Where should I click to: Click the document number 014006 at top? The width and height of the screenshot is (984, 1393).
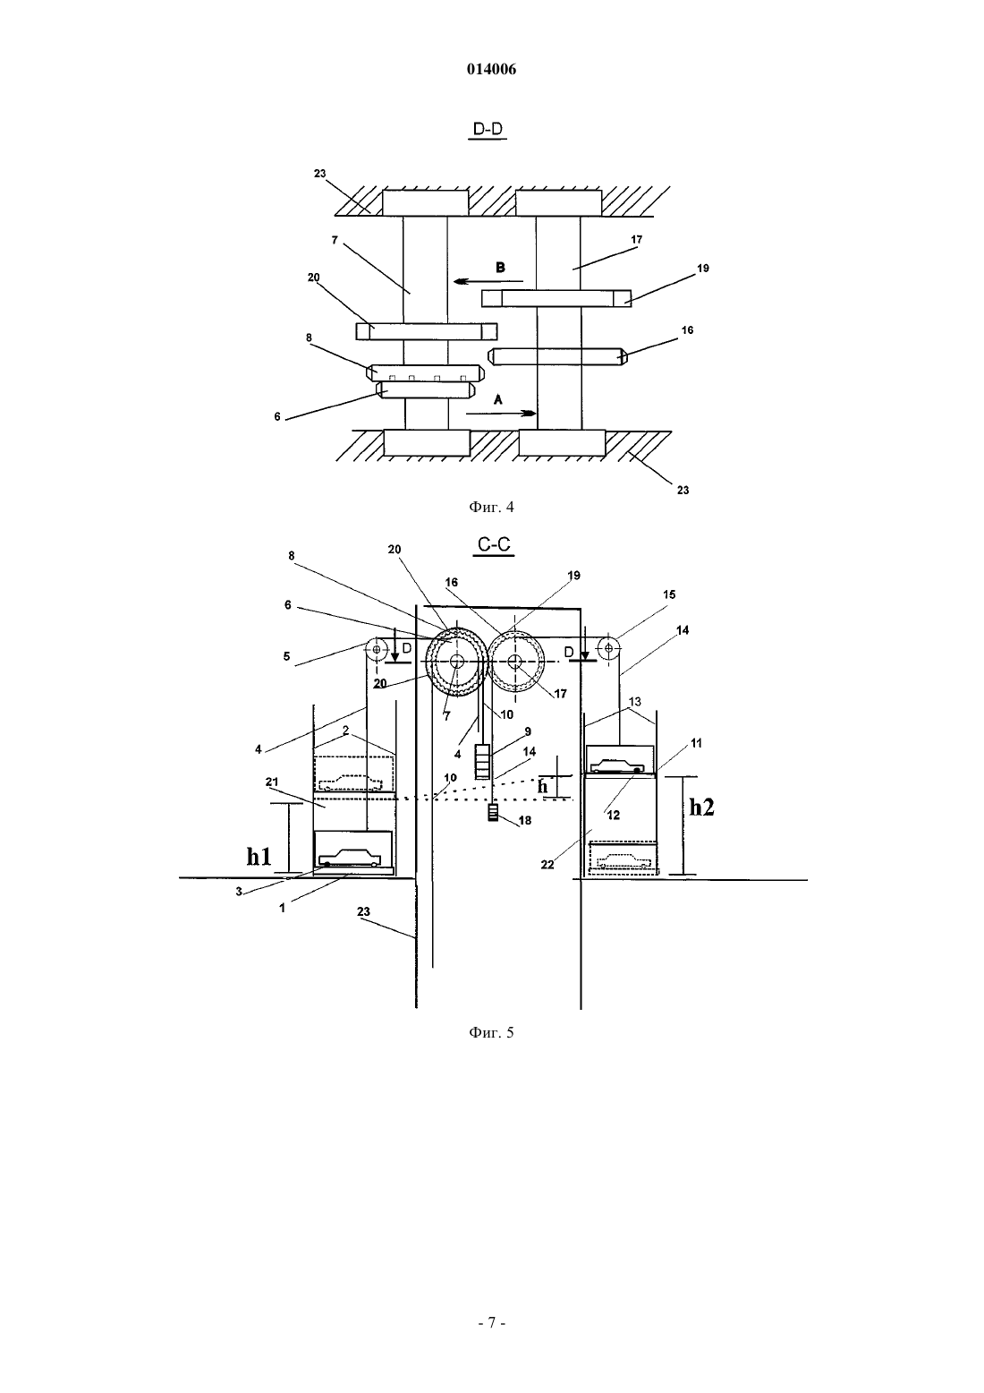[491, 69]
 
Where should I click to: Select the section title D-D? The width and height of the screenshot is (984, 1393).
[488, 129]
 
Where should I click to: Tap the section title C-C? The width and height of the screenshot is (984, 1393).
[494, 544]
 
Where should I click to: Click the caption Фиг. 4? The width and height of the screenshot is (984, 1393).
[491, 507]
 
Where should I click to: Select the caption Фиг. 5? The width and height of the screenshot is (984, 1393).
[491, 1032]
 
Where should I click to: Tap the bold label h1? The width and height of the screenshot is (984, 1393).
[259, 857]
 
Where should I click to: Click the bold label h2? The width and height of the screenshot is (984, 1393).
[702, 808]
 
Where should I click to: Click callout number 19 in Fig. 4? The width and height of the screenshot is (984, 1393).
[702, 268]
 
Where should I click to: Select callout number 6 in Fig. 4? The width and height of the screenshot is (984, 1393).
[277, 416]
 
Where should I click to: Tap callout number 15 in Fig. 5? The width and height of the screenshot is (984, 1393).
[668, 594]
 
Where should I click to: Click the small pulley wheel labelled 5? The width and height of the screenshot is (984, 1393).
[376, 650]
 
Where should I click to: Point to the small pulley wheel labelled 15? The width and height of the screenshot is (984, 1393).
[609, 649]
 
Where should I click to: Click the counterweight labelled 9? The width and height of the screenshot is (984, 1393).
[483, 762]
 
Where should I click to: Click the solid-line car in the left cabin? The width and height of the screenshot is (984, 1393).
[349, 859]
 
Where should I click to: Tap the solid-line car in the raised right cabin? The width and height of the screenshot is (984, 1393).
[617, 765]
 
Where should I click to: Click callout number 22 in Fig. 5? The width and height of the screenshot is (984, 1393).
[547, 865]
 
